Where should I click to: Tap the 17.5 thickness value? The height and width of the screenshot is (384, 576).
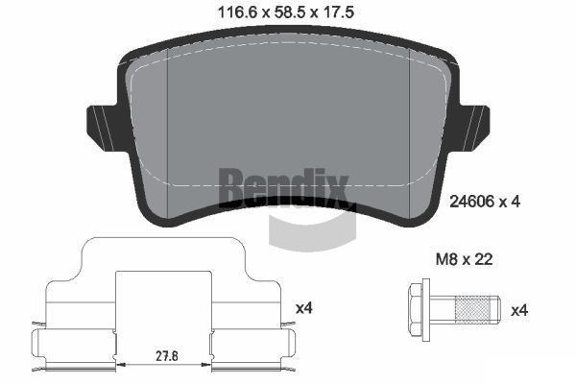(338, 12)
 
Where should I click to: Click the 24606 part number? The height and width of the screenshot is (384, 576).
(471, 202)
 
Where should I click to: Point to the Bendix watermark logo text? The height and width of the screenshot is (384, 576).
(283, 186)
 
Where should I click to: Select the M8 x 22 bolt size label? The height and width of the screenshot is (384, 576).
(464, 259)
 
